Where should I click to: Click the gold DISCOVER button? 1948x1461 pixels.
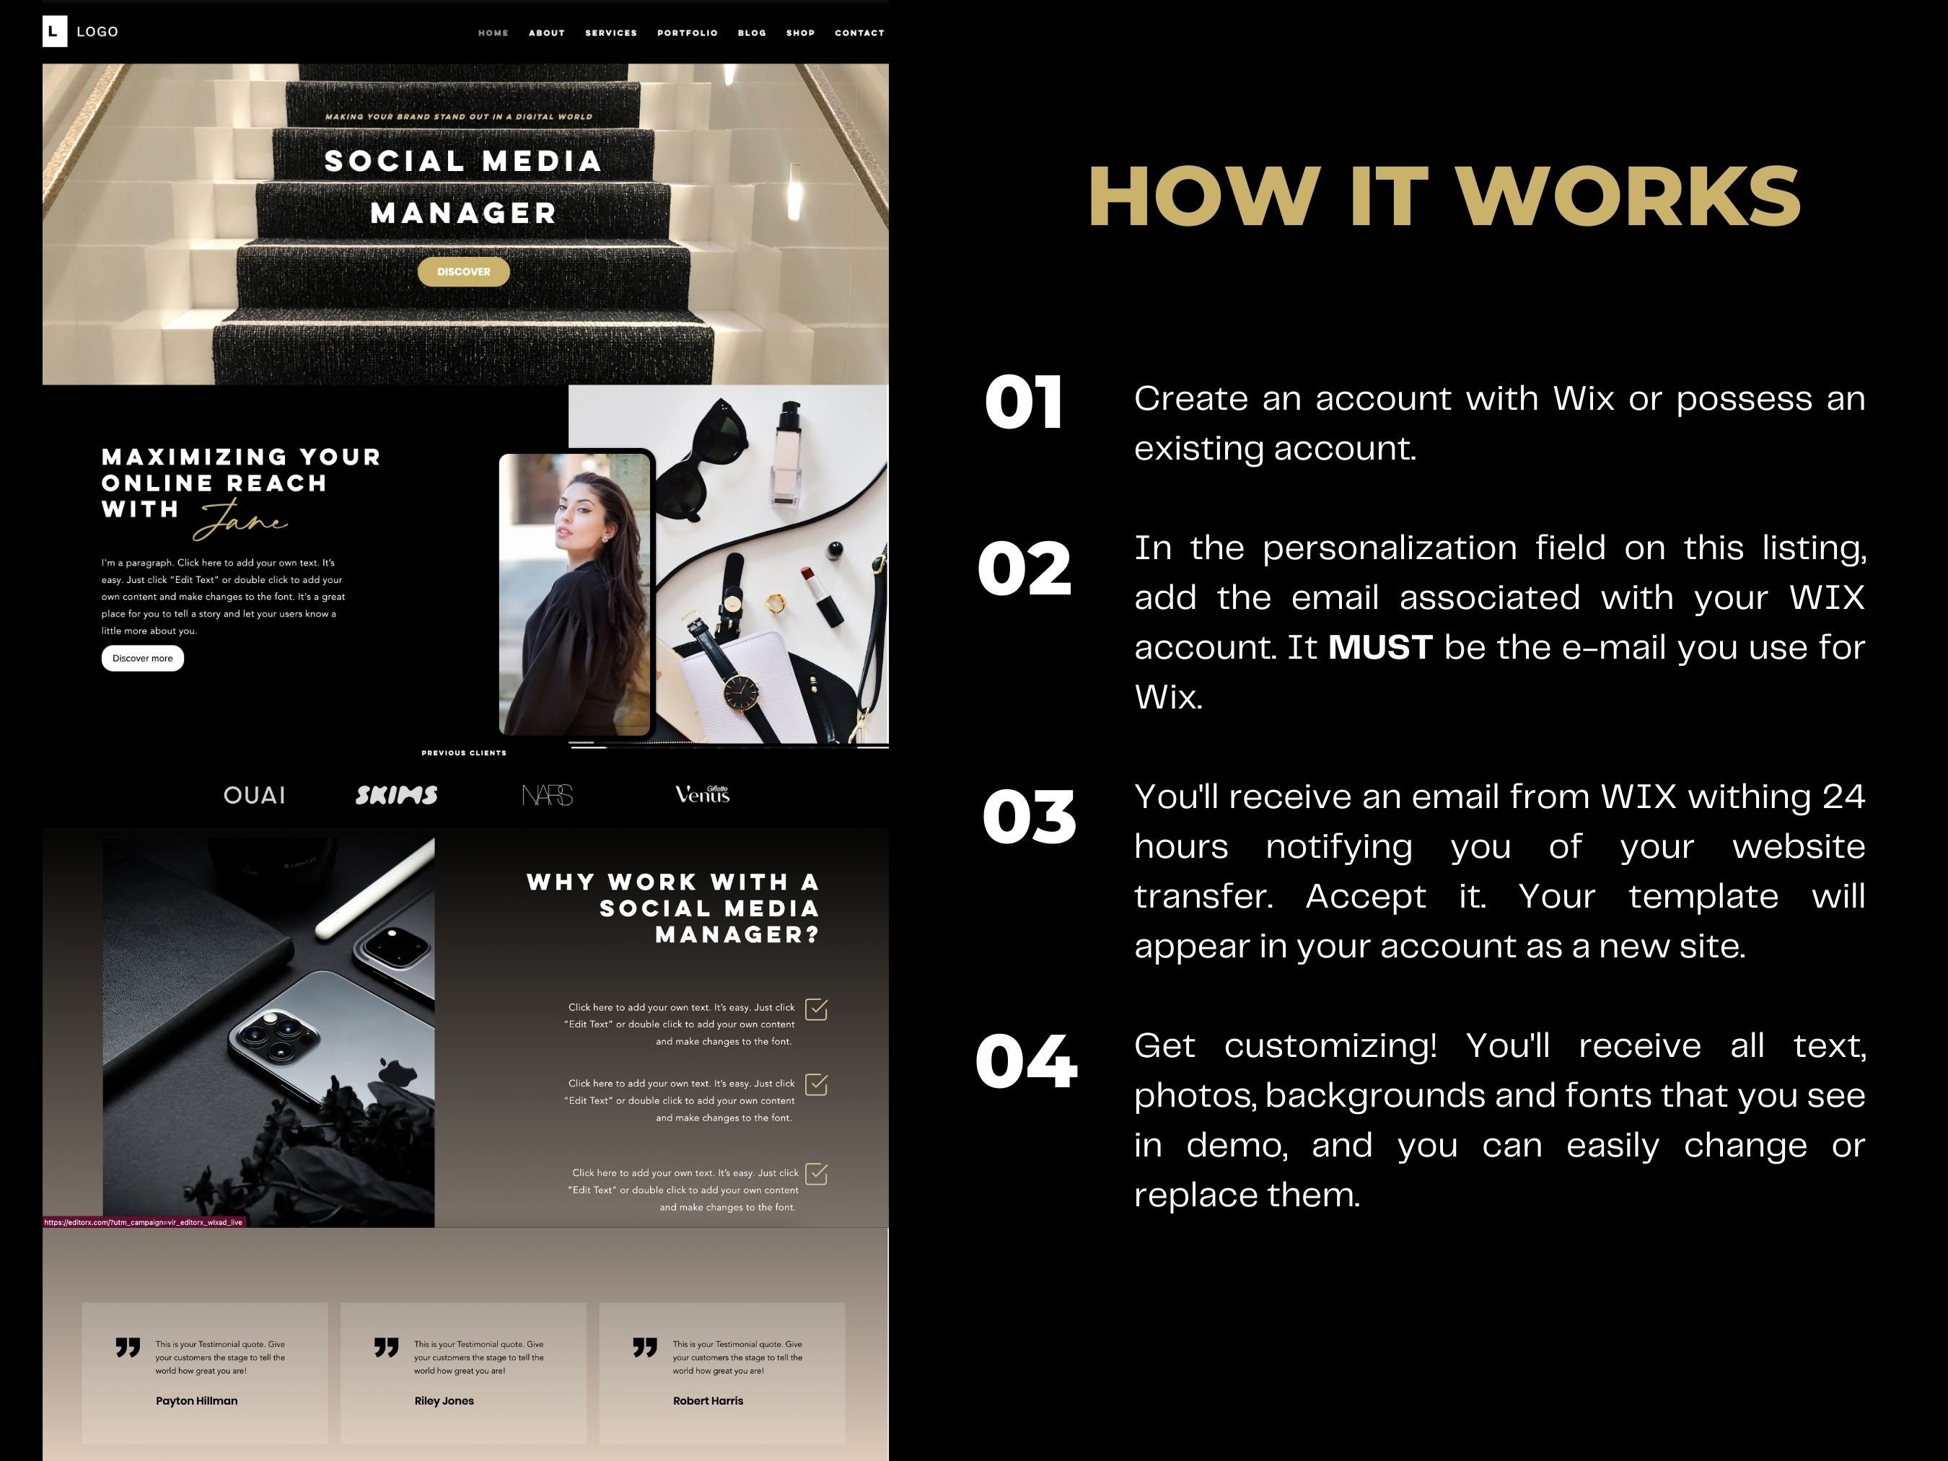point(463,271)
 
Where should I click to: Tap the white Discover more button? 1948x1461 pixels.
point(143,658)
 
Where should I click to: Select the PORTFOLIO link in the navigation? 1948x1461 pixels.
point(687,32)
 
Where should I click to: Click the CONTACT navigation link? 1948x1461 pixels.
point(859,32)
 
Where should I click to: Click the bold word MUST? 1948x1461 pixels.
point(1380,647)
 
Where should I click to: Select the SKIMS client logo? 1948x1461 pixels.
point(396,795)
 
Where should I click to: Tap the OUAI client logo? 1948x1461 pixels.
point(255,795)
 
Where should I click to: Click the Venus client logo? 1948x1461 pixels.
point(702,794)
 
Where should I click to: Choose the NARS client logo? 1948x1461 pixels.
point(547,795)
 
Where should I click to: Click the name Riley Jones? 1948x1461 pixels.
point(444,1400)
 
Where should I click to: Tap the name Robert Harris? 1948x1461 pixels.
point(708,1400)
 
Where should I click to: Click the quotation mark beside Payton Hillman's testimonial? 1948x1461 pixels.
point(128,1348)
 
